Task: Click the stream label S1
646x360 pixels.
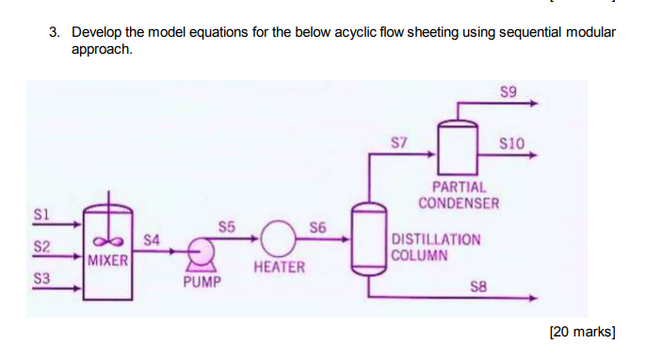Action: [41, 214]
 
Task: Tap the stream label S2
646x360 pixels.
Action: [41, 247]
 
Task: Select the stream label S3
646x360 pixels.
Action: [41, 279]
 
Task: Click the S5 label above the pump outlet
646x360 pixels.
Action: [227, 226]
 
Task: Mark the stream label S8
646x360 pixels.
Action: [479, 285]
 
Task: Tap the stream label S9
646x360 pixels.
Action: [509, 91]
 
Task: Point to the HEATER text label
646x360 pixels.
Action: [280, 268]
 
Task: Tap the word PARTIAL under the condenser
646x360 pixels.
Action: [460, 188]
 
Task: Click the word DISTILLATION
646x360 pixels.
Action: [436, 239]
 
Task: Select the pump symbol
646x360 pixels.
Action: [201, 253]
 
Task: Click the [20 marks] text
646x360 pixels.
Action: [582, 331]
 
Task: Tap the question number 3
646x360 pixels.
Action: [54, 32]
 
